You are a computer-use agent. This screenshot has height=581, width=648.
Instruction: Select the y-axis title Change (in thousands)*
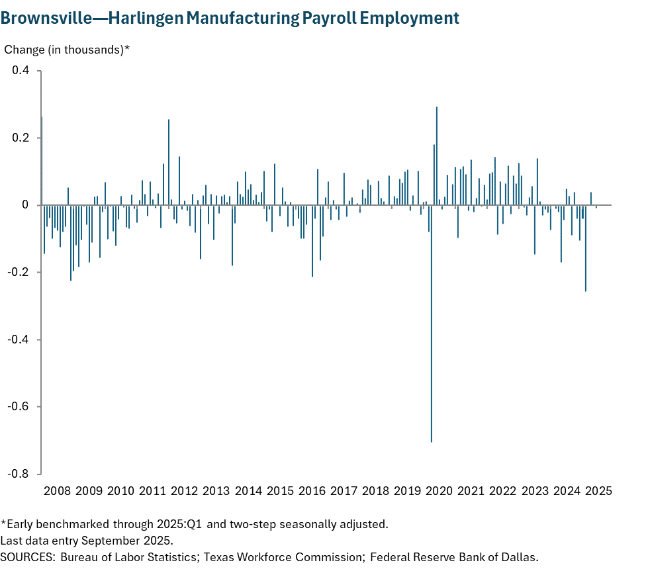(67, 50)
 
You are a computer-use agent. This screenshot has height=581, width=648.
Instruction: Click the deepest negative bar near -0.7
(432, 331)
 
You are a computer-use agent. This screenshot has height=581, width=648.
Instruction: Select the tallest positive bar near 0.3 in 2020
(437, 156)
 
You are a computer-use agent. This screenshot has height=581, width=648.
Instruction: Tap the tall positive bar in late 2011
(169, 162)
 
